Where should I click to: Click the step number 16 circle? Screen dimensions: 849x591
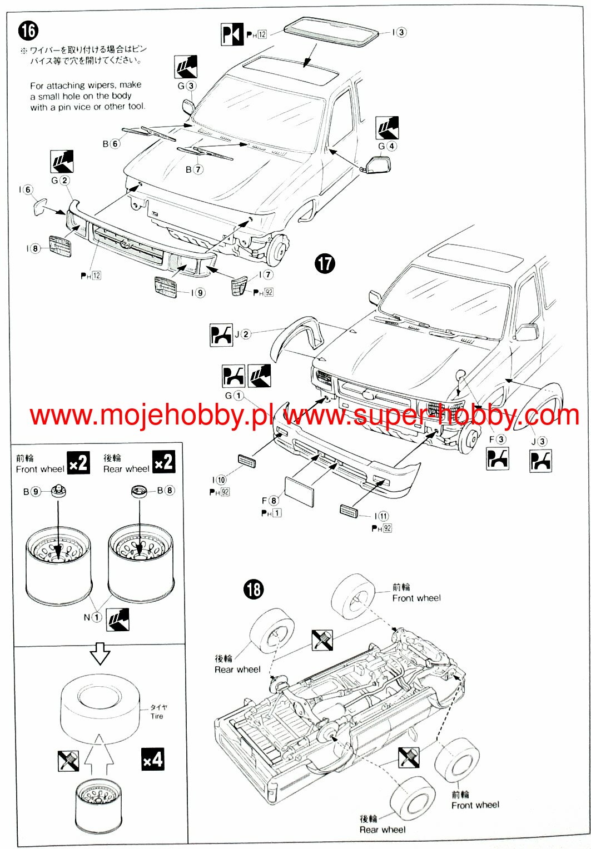tap(28, 31)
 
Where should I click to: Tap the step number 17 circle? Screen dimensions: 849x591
tap(325, 263)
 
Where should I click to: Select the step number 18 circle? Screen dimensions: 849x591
tap(254, 590)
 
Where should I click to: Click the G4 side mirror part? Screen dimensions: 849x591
tap(379, 164)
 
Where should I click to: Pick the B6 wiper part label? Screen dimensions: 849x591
tap(111, 143)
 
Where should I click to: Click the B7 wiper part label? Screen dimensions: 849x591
tap(194, 169)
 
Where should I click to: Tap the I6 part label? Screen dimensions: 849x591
tap(26, 190)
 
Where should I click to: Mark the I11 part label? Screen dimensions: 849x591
tap(381, 516)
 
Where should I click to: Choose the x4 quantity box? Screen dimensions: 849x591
tap(153, 760)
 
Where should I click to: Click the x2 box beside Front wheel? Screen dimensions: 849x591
tap(78, 462)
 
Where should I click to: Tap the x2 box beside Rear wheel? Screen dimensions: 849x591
tap(163, 462)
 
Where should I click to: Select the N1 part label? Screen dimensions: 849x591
tap(92, 617)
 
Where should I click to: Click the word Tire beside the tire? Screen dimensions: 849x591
tap(157, 716)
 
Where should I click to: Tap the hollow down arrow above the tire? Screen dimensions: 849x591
tap(100, 653)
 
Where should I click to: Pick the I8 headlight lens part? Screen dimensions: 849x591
tap(60, 246)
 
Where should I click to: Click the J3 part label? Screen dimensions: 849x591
tap(539, 441)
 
